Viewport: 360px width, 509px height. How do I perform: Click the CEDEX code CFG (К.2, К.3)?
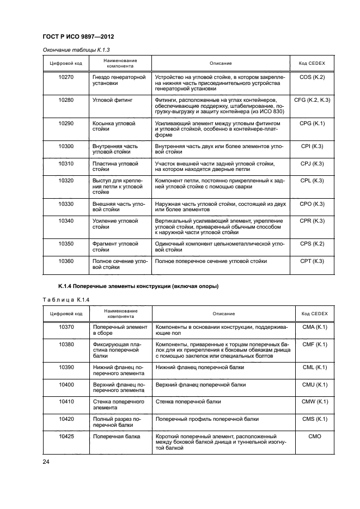click(312, 100)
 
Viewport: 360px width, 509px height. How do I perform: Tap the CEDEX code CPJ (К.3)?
click(312, 163)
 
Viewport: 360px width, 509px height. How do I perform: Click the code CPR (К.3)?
click(312, 220)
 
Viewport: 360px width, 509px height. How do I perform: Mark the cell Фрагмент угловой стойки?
click(112, 247)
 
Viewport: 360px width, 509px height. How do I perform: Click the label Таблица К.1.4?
click(62, 299)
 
